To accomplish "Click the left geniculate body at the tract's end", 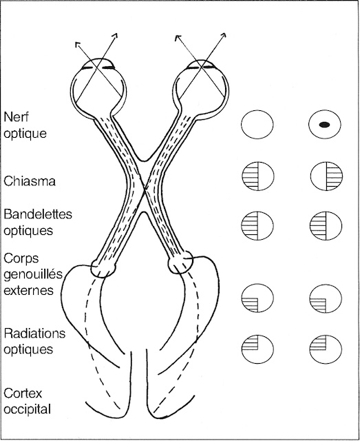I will (105, 267).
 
